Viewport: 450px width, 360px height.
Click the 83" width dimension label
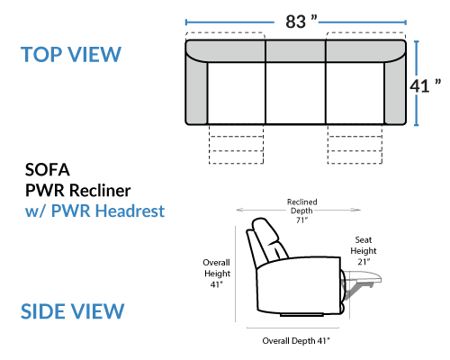(301, 22)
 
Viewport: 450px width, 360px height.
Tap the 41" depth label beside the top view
(426, 86)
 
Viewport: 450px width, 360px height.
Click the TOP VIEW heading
(71, 55)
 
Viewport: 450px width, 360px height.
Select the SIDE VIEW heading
(72, 310)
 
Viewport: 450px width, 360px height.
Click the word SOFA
(48, 170)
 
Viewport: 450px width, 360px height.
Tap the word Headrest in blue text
(130, 211)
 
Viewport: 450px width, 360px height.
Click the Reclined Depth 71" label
(301, 211)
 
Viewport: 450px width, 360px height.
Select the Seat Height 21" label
(364, 251)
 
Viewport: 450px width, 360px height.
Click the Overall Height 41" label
(217, 274)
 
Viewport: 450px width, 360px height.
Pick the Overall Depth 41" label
(296, 341)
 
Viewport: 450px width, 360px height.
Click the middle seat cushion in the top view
(295, 93)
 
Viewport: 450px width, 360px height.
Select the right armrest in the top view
(395, 90)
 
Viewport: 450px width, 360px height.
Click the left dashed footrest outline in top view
(236, 144)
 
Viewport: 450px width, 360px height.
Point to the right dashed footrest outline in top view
(355, 144)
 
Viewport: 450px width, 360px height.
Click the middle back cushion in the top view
(295, 51)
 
